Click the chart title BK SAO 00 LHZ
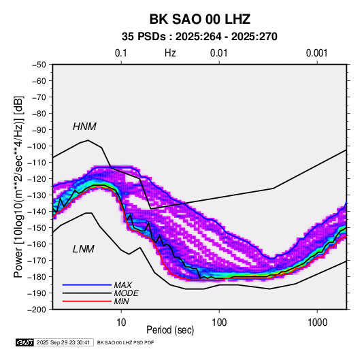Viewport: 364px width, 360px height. [x=200, y=19]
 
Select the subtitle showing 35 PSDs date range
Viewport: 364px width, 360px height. [x=199, y=37]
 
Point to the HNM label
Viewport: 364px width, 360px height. [x=84, y=127]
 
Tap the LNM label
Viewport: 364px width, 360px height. [x=84, y=249]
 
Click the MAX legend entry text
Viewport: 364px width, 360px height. [x=122, y=284]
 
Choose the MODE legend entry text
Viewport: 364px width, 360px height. [x=126, y=293]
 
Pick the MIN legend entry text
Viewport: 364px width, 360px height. [x=121, y=301]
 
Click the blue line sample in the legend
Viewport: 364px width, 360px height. [x=87, y=284]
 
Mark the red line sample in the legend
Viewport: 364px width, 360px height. [x=87, y=301]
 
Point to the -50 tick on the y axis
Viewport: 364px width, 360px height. [x=39, y=65]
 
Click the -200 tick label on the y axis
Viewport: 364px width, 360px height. [x=37, y=310]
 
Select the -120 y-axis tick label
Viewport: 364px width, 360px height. [x=37, y=179]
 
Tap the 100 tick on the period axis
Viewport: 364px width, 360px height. [x=219, y=323]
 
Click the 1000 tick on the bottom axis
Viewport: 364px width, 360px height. [x=317, y=323]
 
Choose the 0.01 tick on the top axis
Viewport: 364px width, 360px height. [x=218, y=53]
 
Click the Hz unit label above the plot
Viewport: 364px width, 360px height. [x=170, y=53]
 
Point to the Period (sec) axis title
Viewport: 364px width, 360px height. [x=170, y=330]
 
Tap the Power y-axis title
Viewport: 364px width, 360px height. [x=18, y=187]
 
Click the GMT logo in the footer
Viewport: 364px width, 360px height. [x=25, y=342]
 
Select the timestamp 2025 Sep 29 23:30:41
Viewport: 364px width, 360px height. [x=63, y=342]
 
